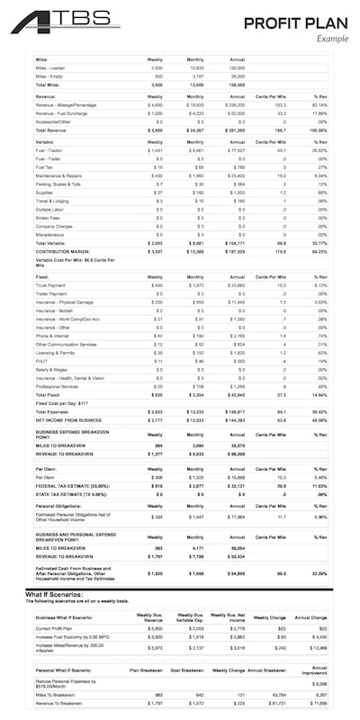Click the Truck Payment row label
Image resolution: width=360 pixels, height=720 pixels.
(x=53, y=284)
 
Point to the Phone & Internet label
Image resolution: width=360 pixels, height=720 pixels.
(x=55, y=335)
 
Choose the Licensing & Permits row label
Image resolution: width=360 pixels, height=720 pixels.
(x=58, y=354)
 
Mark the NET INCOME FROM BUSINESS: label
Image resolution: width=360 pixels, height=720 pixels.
(x=71, y=421)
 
